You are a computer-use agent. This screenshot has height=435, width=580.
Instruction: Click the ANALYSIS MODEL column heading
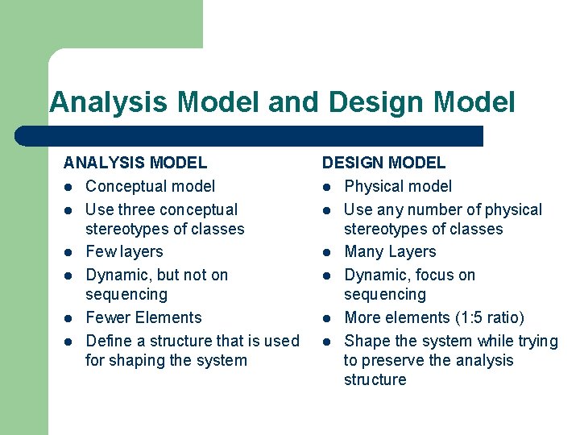(x=135, y=163)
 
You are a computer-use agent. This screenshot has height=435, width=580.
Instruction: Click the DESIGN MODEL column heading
(x=383, y=163)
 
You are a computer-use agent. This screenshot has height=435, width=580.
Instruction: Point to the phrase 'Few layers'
(x=124, y=251)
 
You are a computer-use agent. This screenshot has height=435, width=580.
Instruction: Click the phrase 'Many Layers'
(x=390, y=251)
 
